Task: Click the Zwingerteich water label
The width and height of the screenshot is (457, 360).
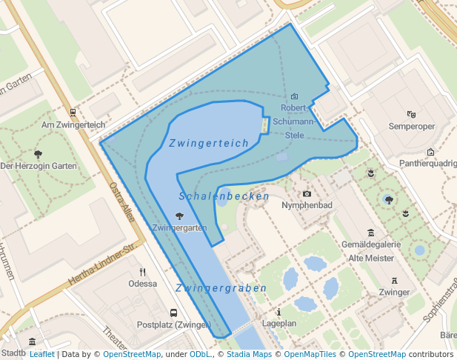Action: pyautogui.click(x=208, y=143)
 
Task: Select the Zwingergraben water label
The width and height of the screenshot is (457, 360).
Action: pyautogui.click(x=221, y=287)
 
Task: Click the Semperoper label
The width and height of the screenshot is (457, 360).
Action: pyautogui.click(x=411, y=126)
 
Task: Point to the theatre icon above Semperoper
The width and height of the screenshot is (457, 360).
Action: pyautogui.click(x=411, y=114)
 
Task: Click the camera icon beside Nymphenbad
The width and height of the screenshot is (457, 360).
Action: pyautogui.click(x=307, y=193)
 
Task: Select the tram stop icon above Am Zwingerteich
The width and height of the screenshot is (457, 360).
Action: pyautogui.click(x=73, y=113)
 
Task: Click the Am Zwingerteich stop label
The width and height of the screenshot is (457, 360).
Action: pyautogui.click(x=73, y=124)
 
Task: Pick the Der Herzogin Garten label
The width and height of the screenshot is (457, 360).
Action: pyautogui.click(x=39, y=166)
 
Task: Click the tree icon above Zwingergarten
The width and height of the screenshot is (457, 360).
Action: pyautogui.click(x=179, y=216)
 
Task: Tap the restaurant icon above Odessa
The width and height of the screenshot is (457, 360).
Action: pyautogui.click(x=142, y=272)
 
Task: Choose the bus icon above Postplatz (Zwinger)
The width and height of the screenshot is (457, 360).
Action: pyautogui.click(x=173, y=313)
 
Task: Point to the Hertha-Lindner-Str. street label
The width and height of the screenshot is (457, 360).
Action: pyautogui.click(x=104, y=261)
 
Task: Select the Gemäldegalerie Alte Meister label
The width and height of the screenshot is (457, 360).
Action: pyautogui.click(x=371, y=250)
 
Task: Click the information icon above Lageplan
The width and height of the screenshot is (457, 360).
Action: pyautogui.click(x=278, y=313)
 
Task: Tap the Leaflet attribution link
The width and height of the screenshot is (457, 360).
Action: pyautogui.click(x=41, y=354)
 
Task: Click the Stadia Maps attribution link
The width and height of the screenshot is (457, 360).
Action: pyautogui.click(x=248, y=354)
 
